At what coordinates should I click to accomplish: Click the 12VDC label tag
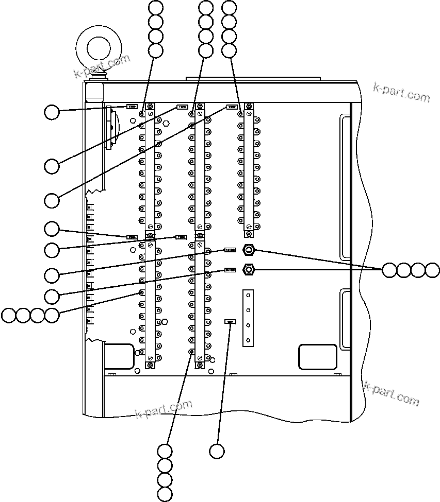click(x=230, y=250)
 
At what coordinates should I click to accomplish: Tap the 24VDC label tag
click(x=230, y=269)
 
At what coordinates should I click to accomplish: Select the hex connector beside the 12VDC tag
click(x=249, y=250)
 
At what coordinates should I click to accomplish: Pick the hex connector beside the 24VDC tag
click(x=249, y=269)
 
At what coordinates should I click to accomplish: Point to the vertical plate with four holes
click(x=249, y=317)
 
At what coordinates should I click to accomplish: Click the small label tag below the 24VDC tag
click(x=230, y=321)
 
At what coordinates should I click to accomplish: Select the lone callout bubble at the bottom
click(x=217, y=452)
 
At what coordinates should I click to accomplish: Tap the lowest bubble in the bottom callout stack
click(x=165, y=495)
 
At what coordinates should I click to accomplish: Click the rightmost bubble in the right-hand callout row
click(x=432, y=270)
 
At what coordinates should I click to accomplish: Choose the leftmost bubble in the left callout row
click(x=9, y=315)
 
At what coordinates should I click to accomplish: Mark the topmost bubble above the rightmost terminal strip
click(x=229, y=7)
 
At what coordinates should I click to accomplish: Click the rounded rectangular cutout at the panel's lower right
click(x=318, y=356)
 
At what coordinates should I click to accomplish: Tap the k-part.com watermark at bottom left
click(x=163, y=410)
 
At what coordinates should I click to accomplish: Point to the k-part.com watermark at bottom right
click(x=392, y=394)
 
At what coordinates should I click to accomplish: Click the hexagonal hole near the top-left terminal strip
click(x=166, y=123)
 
